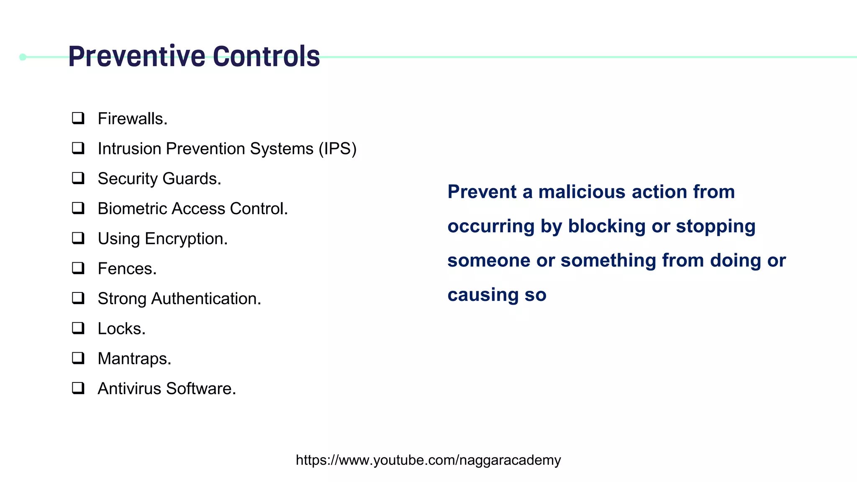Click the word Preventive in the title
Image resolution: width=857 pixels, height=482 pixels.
coord(137,56)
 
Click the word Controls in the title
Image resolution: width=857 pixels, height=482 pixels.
coord(266,56)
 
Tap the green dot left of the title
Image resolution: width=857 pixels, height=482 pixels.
coord(23,57)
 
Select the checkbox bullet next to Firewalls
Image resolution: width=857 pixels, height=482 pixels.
coord(78,118)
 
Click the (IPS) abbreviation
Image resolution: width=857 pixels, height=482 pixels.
coord(337,149)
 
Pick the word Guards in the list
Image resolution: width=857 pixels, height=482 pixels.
coord(191,179)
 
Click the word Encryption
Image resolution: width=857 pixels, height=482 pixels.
coord(186,239)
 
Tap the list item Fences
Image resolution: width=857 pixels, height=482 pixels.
coord(127,269)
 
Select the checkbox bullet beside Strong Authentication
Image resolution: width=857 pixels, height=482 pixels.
coord(78,298)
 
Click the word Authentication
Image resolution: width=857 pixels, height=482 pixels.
coord(206,299)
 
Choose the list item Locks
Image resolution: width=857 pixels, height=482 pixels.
coord(121,329)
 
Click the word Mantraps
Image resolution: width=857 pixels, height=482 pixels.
coord(134,359)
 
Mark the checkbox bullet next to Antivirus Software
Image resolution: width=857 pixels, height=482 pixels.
coord(78,388)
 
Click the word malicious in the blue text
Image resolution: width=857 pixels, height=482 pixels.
coord(582,192)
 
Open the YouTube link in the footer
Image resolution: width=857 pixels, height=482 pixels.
coord(428,460)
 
